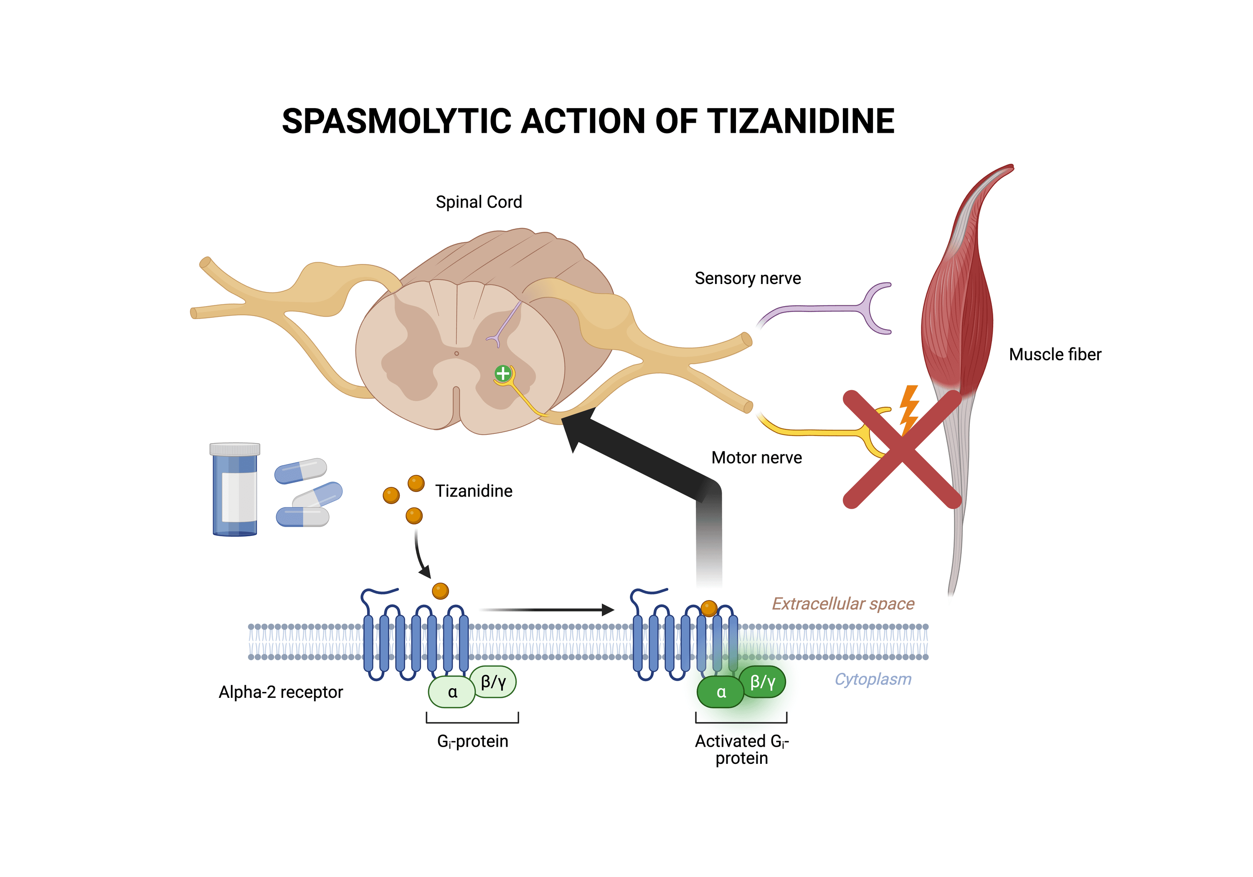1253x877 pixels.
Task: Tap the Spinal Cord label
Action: [479, 202]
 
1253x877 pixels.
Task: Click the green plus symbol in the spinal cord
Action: [502, 374]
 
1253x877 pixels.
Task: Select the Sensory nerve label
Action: [747, 278]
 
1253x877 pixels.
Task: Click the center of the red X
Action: [902, 449]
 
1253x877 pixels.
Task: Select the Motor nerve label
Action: [756, 457]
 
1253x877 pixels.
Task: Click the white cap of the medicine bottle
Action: [235, 449]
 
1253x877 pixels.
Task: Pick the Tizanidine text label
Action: [474, 491]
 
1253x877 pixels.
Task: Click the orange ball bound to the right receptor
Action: [708, 608]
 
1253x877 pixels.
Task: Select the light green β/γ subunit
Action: [493, 682]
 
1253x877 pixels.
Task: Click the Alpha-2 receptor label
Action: [281, 692]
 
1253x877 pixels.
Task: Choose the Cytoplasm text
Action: [873, 679]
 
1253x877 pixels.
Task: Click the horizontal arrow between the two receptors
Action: [546, 610]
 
